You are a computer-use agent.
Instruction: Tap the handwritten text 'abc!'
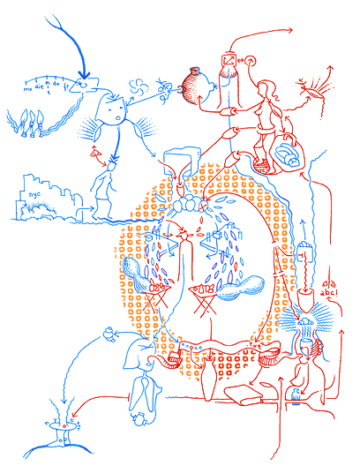pyautogui.click(x=328, y=294)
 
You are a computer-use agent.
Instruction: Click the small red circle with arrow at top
pyautogui.click(x=250, y=60)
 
